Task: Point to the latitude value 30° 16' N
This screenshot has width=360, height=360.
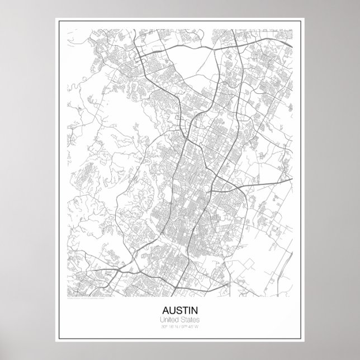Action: tap(167, 326)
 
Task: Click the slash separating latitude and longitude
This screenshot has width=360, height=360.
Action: tap(180, 326)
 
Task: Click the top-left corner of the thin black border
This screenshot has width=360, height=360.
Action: tap(56, 18)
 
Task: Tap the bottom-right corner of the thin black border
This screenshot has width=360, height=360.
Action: tap(304, 342)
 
